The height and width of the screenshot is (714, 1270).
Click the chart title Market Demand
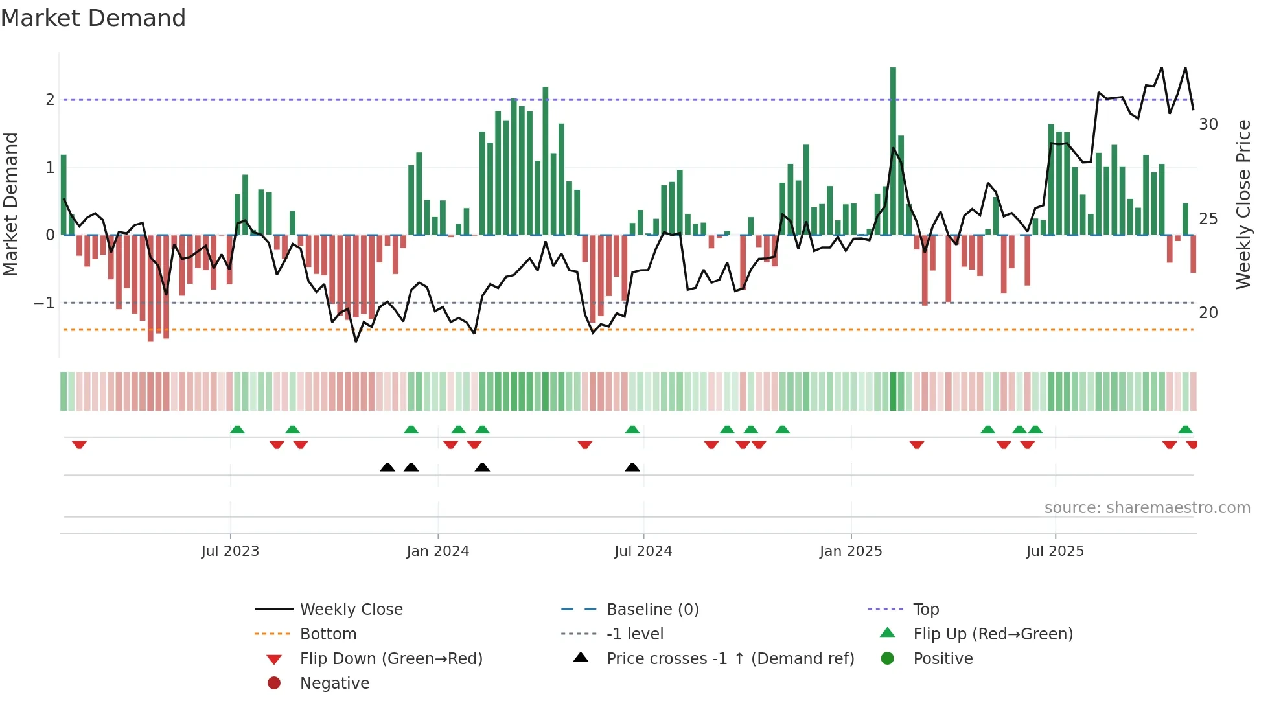pos(93,18)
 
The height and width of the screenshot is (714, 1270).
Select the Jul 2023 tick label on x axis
pos(230,551)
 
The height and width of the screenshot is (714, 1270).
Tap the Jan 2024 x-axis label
pos(437,551)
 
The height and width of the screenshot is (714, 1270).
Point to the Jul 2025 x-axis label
pos(1055,551)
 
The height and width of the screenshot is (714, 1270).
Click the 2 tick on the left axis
pos(50,100)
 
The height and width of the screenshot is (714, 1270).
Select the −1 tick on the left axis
pos(44,303)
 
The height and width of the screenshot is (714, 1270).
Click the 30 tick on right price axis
pos(1208,124)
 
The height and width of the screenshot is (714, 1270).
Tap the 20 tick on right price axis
pos(1208,313)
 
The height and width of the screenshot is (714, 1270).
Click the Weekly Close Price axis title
pos(1243,204)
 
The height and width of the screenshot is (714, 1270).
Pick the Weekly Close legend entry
pos(351,610)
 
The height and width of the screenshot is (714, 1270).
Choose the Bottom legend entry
pos(328,634)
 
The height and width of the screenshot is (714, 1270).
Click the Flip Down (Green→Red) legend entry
pos(391,659)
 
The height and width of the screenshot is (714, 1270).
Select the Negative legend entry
pos(334,684)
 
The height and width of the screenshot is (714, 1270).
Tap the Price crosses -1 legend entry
pos(730,659)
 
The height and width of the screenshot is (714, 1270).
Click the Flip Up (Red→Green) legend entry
pos(993,634)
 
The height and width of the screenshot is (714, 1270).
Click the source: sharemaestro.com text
pos(1147,508)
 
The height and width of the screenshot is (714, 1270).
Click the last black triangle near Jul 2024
pos(632,467)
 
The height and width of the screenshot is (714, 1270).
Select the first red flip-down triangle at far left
pos(79,444)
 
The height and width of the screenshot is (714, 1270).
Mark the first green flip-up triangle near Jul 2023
pos(237,430)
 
